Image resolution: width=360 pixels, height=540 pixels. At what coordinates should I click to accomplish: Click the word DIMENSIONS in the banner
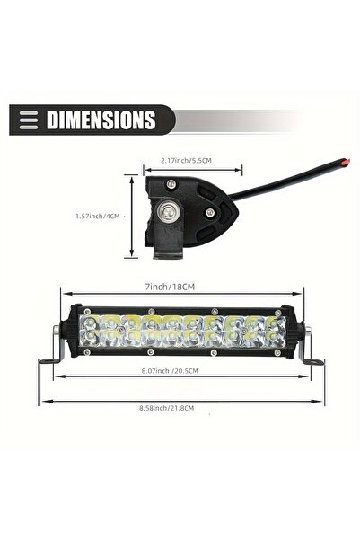101,120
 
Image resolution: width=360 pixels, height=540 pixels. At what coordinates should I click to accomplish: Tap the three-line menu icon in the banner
29,120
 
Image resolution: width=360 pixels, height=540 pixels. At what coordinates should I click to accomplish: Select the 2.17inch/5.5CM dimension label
186,161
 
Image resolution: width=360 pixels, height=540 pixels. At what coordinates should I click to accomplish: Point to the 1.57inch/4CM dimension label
98,217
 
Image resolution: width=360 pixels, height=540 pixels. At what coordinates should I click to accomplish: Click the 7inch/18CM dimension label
170,287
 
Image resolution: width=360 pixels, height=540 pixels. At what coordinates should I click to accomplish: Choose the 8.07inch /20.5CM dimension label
170,371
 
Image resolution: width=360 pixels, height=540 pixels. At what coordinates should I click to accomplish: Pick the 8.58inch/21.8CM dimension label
167,408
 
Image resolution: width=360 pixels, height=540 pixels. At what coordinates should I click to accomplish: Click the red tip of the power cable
346,162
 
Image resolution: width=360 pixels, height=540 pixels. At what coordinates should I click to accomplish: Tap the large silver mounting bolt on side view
168,211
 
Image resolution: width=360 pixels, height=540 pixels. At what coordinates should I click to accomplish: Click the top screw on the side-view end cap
170,184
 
